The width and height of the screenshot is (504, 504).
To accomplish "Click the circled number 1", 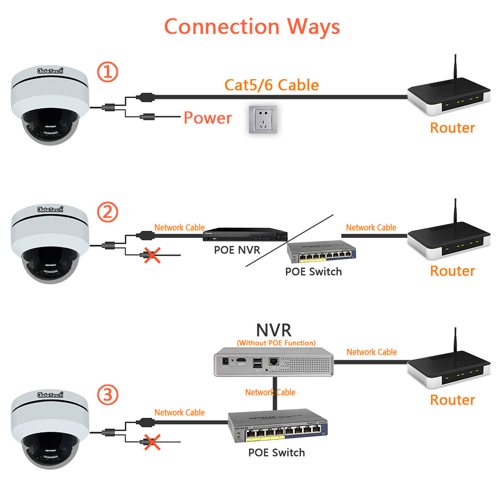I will [107, 72].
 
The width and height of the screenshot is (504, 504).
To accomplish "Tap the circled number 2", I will [107, 212].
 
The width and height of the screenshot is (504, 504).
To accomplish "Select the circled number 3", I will [107, 395].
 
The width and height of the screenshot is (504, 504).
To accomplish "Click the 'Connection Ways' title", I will [252, 26].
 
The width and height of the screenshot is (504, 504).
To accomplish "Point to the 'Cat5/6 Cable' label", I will [272, 85].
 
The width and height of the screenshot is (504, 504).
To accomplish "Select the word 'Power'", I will [208, 118].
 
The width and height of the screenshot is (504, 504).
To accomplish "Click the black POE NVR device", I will [245, 234].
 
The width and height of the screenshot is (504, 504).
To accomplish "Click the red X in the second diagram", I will [152, 256].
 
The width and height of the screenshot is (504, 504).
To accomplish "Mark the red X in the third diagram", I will [152, 442].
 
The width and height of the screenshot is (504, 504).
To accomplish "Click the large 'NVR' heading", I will [274, 330].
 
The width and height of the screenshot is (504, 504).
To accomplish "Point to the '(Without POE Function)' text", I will [276, 343].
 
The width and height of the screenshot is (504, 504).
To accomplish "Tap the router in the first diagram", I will [448, 98].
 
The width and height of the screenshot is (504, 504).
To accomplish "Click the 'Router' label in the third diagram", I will [453, 400].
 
